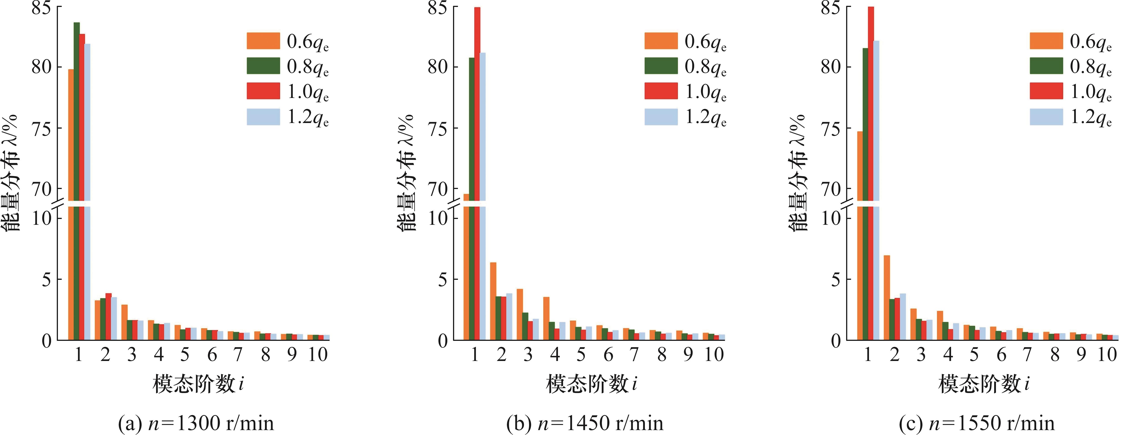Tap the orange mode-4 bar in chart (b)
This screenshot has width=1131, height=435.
coord(546,318)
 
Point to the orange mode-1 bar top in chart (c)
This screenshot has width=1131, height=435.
coord(860,133)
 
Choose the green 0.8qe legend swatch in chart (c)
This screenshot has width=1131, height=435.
coord(1046,66)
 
